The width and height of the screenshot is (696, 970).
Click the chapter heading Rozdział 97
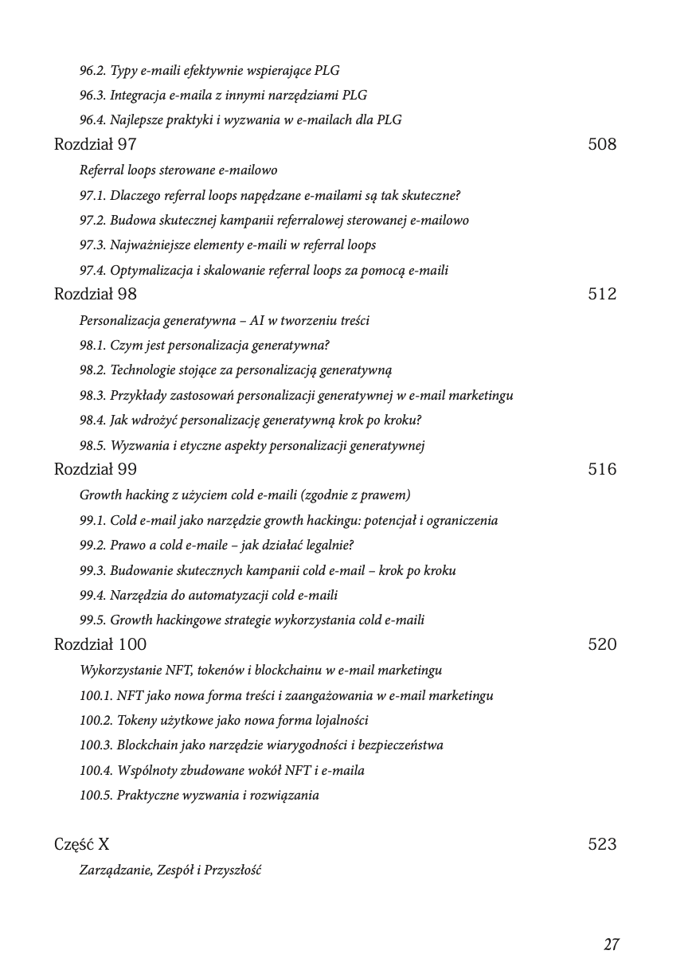pyautogui.click(x=95, y=145)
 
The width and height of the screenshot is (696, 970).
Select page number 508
pyautogui.click(x=602, y=145)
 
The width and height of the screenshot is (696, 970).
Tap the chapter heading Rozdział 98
pyautogui.click(x=95, y=295)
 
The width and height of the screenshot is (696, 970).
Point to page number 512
pyautogui.click(x=602, y=295)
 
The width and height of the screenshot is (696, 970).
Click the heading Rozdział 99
pyautogui.click(x=95, y=470)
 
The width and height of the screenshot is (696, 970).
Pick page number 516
pyautogui.click(x=602, y=470)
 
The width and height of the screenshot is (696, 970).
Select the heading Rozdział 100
pyautogui.click(x=100, y=645)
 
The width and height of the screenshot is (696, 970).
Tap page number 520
pyautogui.click(x=602, y=645)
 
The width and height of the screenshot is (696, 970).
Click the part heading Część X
pyautogui.click(x=81, y=845)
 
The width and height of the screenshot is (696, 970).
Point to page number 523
pyautogui.click(x=602, y=845)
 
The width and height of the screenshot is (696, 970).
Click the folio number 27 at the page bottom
pyautogui.click(x=611, y=945)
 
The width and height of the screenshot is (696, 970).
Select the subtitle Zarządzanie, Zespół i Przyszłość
pyautogui.click(x=170, y=870)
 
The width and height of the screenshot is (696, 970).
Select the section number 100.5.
pyautogui.click(x=95, y=796)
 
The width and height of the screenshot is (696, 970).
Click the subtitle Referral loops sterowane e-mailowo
pyautogui.click(x=178, y=170)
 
